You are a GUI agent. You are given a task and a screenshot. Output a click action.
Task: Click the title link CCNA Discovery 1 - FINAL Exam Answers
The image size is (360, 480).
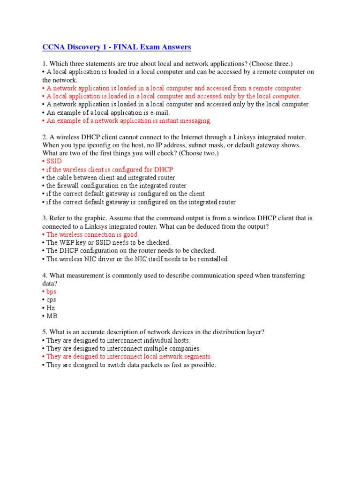pyautogui.click(x=116, y=47)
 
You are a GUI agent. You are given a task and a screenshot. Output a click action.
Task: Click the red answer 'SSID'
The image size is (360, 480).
pyautogui.click(x=54, y=161)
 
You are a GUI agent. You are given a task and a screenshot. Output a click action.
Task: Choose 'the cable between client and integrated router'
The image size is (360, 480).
pyautogui.click(x=111, y=178)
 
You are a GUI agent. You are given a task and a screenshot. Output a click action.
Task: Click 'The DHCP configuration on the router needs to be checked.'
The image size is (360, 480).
pyautogui.click(x=131, y=251)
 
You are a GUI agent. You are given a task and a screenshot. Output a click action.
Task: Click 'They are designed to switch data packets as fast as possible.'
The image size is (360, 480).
pyautogui.click(x=131, y=365)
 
